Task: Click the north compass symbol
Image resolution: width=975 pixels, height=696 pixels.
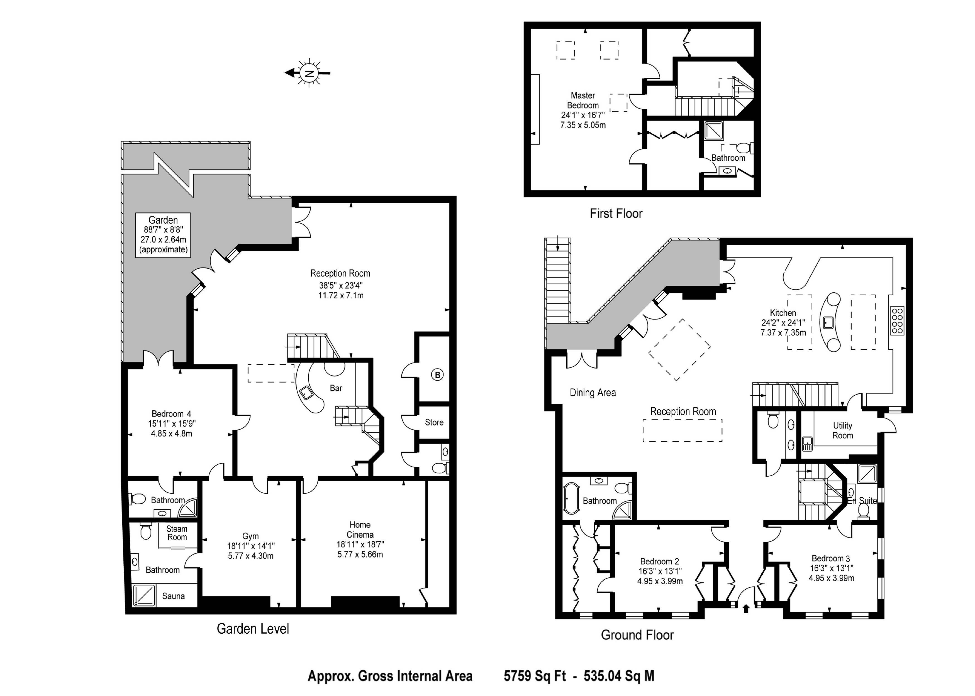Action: point(308,73)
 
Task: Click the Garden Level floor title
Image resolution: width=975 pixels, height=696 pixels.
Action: point(253,629)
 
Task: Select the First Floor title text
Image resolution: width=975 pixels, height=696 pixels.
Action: point(616,214)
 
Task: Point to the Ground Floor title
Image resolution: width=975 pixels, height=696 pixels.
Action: point(637,635)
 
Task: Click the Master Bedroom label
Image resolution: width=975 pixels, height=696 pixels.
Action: point(583,100)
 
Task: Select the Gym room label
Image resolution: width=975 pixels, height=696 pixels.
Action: point(250,536)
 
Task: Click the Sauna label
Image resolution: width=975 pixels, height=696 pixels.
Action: point(173,596)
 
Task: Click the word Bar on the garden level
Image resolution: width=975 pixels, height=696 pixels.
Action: point(336,388)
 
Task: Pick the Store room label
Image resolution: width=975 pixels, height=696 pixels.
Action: point(434,422)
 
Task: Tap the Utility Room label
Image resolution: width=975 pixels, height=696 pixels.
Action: point(842,430)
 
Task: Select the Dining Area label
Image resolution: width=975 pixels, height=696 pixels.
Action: point(593,393)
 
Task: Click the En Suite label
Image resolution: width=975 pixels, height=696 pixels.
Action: point(862,501)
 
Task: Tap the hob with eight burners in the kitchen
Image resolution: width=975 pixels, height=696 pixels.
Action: point(897,320)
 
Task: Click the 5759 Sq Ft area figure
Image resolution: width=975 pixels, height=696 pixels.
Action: point(535,676)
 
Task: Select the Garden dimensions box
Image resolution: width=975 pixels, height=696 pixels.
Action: point(163,235)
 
